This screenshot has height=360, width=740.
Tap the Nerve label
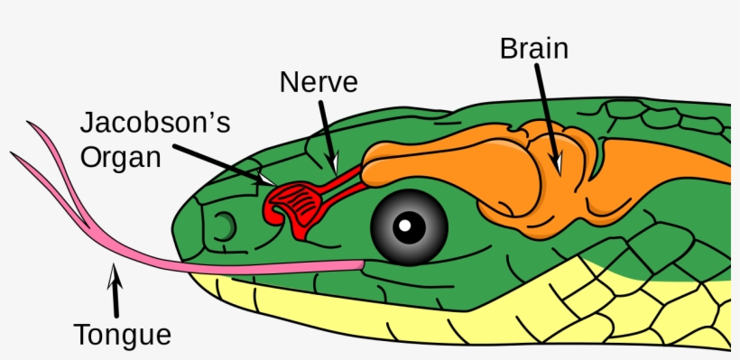319,83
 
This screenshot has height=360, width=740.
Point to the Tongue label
123,335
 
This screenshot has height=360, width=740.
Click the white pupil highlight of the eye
408,224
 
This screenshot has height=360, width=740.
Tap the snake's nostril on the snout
225,222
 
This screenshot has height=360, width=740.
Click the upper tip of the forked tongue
33,126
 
